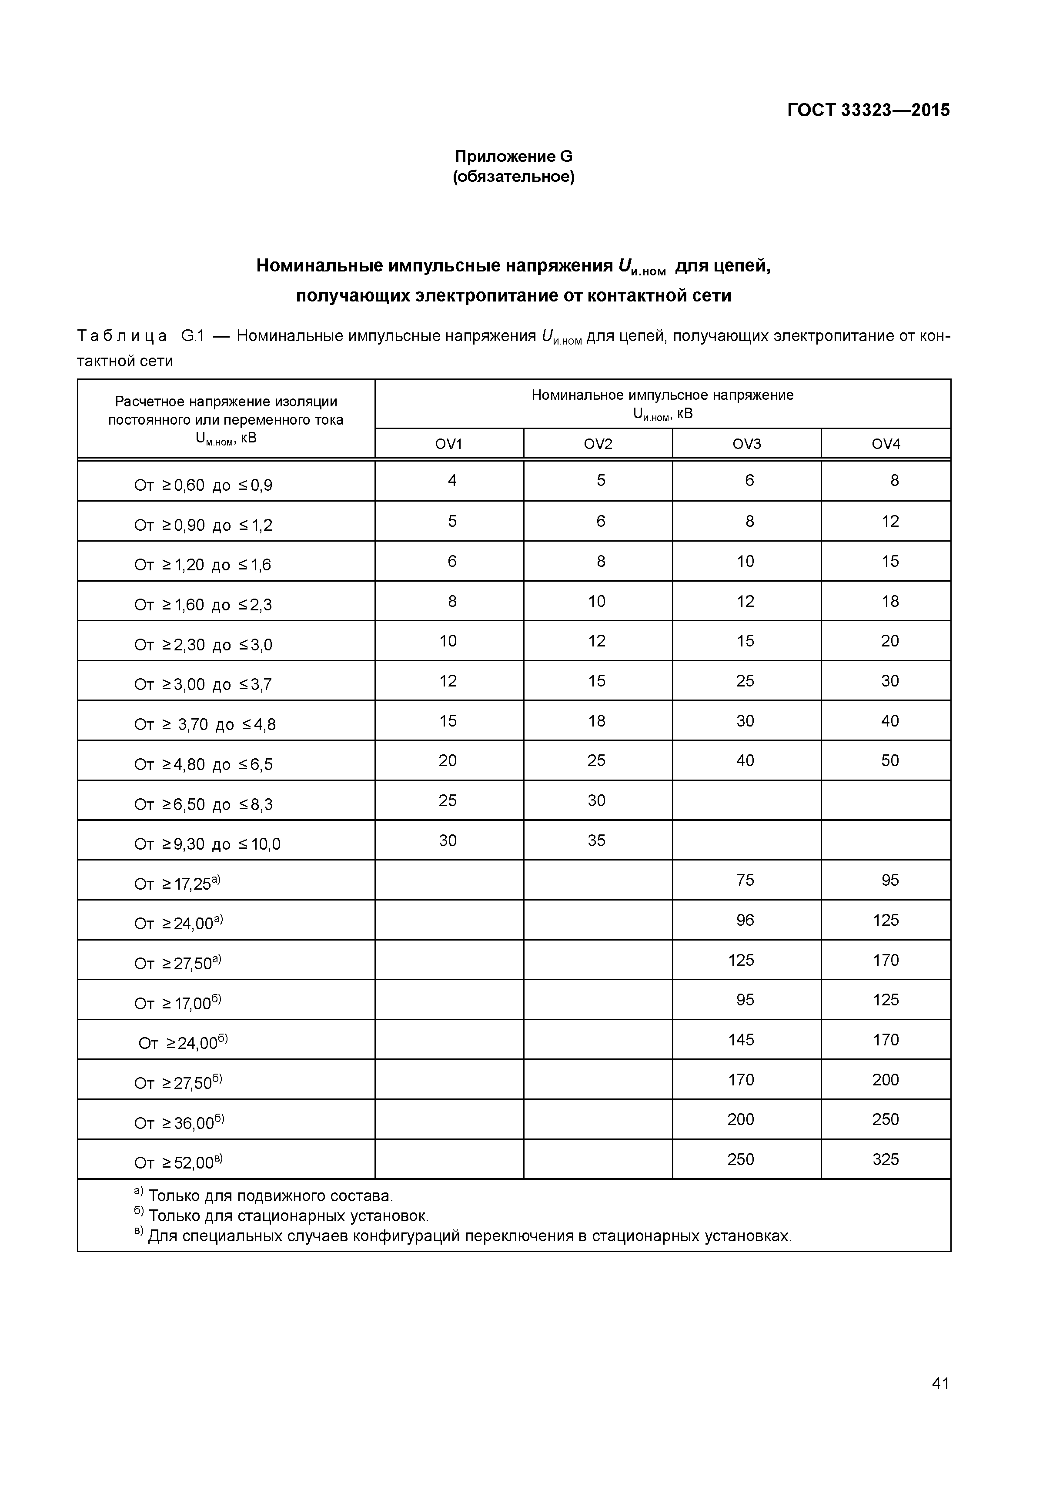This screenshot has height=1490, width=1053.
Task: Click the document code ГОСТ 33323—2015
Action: click(868, 110)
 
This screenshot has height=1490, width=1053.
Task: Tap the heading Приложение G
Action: click(513, 157)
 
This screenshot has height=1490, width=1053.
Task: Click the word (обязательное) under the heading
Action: click(513, 177)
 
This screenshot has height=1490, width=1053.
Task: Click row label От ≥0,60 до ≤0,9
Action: click(203, 486)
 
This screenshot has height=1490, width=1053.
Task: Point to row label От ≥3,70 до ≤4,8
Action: click(204, 724)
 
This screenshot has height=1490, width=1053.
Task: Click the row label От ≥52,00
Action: click(178, 1163)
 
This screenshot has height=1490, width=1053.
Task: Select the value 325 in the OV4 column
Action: click(886, 1159)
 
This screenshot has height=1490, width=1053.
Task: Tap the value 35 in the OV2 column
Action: click(596, 840)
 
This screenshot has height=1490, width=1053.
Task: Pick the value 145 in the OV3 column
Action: click(741, 1040)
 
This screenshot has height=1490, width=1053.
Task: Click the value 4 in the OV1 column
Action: click(452, 480)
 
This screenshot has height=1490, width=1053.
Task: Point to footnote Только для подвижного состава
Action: click(271, 1196)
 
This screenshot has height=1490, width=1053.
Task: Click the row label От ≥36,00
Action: click(178, 1123)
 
